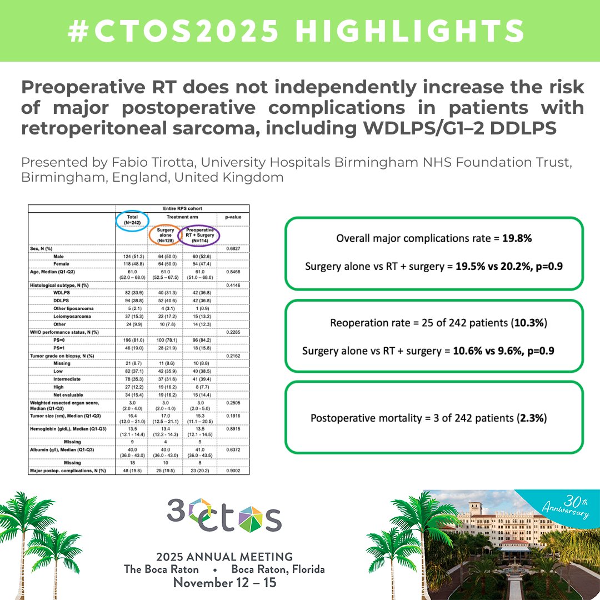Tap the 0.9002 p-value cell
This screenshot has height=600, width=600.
[233, 471]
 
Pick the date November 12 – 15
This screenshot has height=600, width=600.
[224, 583]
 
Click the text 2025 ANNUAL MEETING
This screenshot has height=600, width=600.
[224, 557]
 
